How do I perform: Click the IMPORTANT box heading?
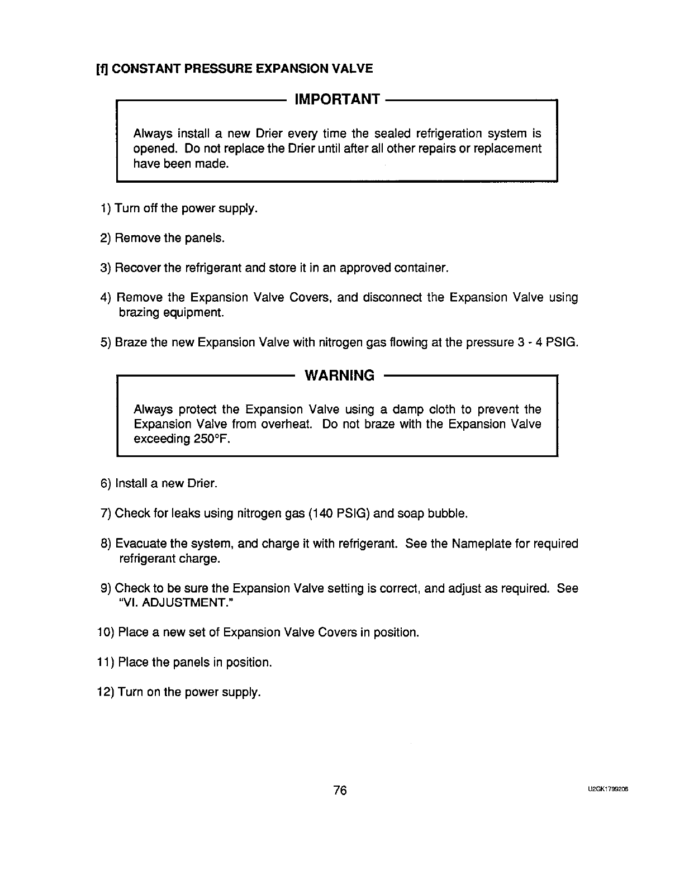point(337,99)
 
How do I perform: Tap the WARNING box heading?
point(339,375)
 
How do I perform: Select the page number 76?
point(340,791)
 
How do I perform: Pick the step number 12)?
point(106,692)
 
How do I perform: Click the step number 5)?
point(106,342)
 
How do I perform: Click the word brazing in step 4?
point(139,312)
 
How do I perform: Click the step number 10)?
point(106,632)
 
